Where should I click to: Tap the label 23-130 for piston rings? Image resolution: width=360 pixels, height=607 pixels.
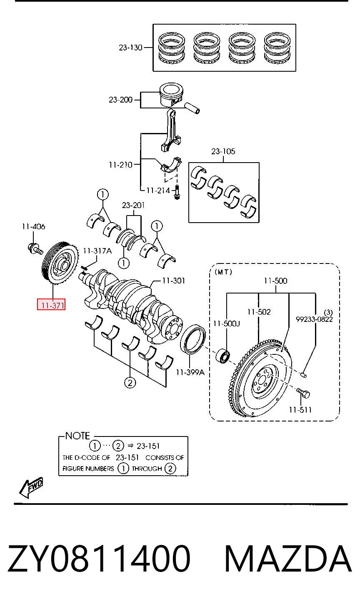[130, 48]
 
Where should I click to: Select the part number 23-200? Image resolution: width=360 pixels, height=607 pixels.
[120, 100]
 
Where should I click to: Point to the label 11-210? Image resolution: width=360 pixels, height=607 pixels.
[120, 165]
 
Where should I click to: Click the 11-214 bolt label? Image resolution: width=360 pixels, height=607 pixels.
[158, 191]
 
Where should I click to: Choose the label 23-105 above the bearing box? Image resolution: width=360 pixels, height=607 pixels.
[223, 151]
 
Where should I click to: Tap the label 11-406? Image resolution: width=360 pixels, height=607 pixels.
[34, 226]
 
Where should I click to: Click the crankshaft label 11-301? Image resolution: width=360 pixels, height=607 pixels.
[174, 281]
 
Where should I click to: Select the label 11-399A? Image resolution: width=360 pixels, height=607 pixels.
[190, 372]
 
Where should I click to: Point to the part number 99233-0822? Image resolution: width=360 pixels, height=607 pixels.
[314, 319]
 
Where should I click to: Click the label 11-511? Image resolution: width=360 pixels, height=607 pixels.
[300, 410]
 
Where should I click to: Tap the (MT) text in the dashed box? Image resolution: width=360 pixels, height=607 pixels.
[223, 272]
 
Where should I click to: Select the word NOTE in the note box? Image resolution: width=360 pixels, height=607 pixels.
[78, 436]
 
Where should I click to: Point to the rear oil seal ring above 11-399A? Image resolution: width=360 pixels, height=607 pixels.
[193, 339]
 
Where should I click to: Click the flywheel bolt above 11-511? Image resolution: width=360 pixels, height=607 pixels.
[303, 393]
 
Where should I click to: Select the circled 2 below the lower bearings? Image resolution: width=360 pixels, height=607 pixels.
[130, 383]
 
